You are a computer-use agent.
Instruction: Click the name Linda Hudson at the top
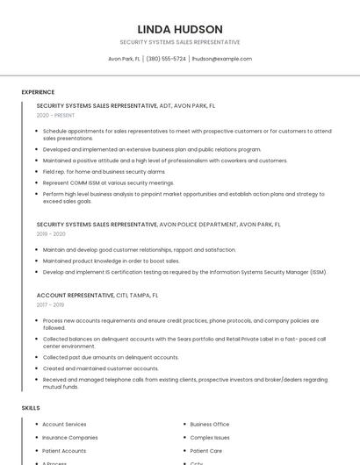(x=180, y=29)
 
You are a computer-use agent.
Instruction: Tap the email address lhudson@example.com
(x=221, y=59)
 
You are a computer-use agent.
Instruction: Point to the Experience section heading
(x=38, y=92)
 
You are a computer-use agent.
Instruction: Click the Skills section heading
(x=31, y=408)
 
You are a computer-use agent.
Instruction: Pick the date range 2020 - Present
(x=55, y=115)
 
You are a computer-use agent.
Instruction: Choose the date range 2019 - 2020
(x=51, y=234)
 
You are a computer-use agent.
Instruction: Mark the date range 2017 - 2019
(x=51, y=304)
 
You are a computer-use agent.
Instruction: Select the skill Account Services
(x=64, y=425)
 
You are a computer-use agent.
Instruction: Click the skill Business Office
(x=210, y=425)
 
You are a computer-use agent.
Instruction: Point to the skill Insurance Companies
(x=70, y=437)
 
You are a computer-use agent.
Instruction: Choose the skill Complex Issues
(x=210, y=437)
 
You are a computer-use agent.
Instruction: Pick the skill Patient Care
(x=206, y=450)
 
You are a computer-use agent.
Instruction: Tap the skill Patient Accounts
(x=64, y=450)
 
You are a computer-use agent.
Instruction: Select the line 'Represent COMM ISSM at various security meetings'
(x=108, y=182)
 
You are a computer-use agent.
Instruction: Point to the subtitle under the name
(x=180, y=42)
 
